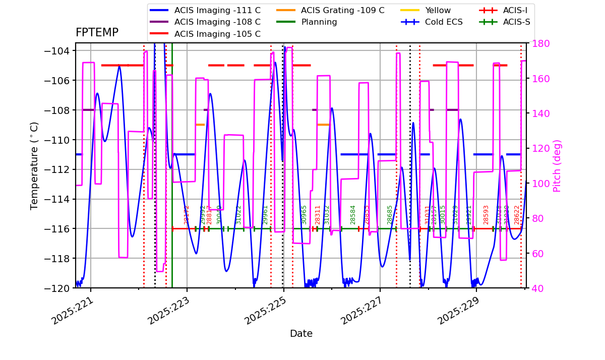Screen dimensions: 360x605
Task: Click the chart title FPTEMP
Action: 97,33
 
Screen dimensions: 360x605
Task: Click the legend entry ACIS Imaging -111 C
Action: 217,10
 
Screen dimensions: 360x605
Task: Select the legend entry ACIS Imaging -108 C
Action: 217,22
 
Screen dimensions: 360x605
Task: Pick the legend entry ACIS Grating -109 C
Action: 342,10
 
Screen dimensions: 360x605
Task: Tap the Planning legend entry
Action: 319,22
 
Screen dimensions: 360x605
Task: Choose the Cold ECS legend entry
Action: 444,22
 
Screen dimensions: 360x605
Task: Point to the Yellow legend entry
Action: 438,10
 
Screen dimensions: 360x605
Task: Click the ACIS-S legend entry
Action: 516,22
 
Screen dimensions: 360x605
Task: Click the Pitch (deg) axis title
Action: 557,165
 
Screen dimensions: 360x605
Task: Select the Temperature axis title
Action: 35,165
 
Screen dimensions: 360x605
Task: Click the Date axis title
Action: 301,334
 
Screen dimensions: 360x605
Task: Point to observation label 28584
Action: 353,215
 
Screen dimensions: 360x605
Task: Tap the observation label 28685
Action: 390,215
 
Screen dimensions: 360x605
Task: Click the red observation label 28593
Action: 486,215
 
